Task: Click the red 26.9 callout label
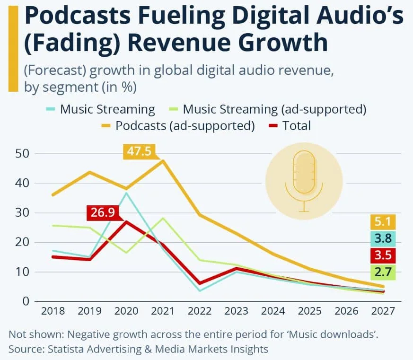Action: pyautogui.click(x=103, y=213)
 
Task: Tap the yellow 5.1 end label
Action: pyautogui.click(x=383, y=221)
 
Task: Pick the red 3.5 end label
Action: pyautogui.click(x=383, y=255)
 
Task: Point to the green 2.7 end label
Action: pyautogui.click(x=383, y=272)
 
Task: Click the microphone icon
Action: pyautogui.click(x=304, y=180)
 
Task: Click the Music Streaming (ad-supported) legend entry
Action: pyautogui.click(x=268, y=109)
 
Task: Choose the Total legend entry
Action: pyautogui.click(x=290, y=126)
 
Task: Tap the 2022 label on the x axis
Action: pyautogui.click(x=200, y=311)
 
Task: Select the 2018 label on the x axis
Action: pyautogui.click(x=53, y=311)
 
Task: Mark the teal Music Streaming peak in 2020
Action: pyautogui.click(x=126, y=193)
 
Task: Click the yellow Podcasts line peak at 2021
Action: pyautogui.click(x=163, y=161)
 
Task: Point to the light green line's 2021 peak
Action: pyautogui.click(x=163, y=218)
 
